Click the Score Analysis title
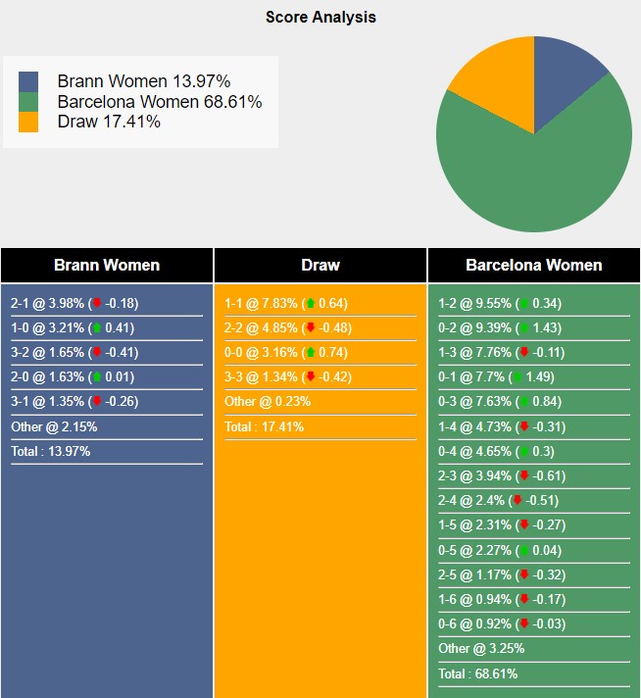pyautogui.click(x=320, y=17)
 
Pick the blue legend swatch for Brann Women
pyautogui.click(x=28, y=82)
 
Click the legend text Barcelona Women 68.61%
pyautogui.click(x=160, y=102)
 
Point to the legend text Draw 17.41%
pyautogui.click(x=109, y=122)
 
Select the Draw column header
pyautogui.click(x=320, y=266)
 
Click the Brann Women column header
pyautogui.click(x=107, y=266)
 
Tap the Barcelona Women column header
pyautogui.click(x=534, y=266)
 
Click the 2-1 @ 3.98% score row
pyautogui.click(x=74, y=304)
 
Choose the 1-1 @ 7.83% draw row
pyautogui.click(x=286, y=304)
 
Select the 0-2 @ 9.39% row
pyautogui.click(x=500, y=328)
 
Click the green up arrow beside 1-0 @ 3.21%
pyautogui.click(x=97, y=328)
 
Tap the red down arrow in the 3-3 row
pyautogui.click(x=311, y=377)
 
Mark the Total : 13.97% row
pyautogui.click(x=51, y=451)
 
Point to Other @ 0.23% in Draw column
pyautogui.click(x=268, y=402)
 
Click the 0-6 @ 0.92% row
pyautogui.click(x=502, y=624)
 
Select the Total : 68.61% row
pyautogui.click(x=478, y=673)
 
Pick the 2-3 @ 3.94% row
pyautogui.click(x=502, y=476)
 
